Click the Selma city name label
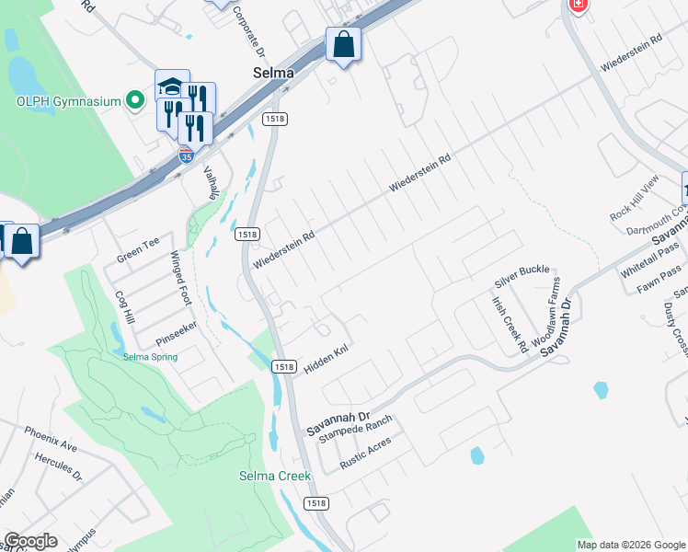273,73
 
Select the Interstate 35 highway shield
187,156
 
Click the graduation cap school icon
172,86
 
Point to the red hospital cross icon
578,5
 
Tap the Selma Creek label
275,476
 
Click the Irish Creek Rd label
509,324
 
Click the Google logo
30,541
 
